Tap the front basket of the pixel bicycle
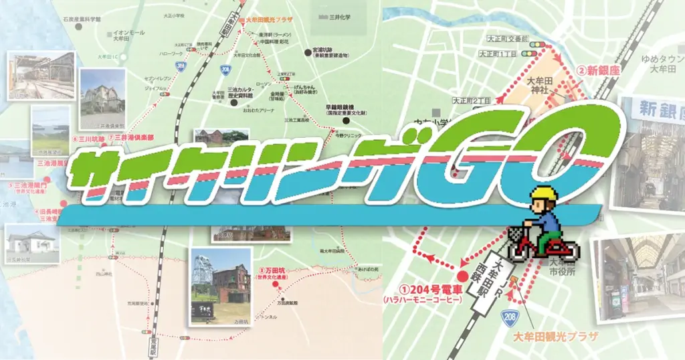(516, 234)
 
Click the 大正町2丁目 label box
(472, 100)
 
